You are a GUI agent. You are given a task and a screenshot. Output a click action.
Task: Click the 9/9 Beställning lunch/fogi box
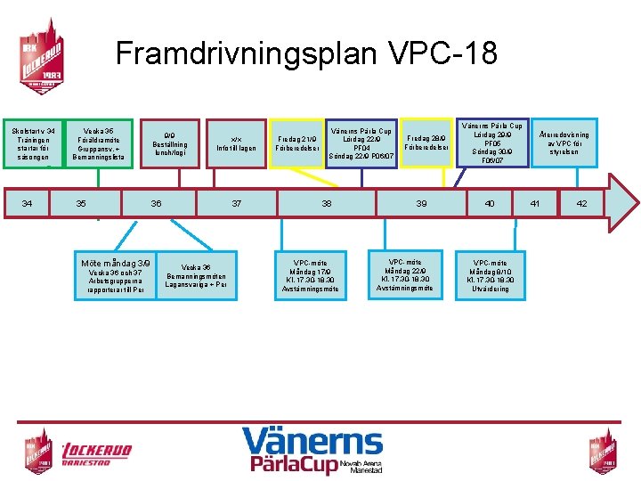pyautogui.click(x=169, y=144)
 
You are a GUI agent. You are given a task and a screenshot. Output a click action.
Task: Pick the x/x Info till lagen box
pyautogui.click(x=236, y=144)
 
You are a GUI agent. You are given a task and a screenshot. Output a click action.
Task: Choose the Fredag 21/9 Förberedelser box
pyautogui.click(x=296, y=144)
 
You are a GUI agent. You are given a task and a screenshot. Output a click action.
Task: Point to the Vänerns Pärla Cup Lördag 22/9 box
pyautogui.click(x=361, y=143)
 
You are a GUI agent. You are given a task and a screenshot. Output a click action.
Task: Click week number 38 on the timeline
pyautogui.click(x=327, y=204)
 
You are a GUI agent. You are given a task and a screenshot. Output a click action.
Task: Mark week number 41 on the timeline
pyautogui.click(x=535, y=204)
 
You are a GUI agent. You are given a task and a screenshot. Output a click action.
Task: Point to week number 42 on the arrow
pyautogui.click(x=581, y=204)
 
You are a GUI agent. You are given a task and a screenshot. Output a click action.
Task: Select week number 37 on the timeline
pyautogui.click(x=237, y=204)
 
